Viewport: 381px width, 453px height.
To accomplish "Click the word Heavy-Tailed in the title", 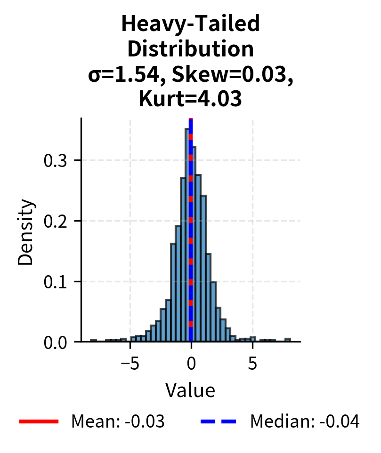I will pos(190,24).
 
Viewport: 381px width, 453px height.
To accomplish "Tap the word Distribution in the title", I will pos(190,49).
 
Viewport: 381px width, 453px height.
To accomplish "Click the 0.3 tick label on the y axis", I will pos(56,160).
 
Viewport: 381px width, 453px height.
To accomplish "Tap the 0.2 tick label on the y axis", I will pos(56,221).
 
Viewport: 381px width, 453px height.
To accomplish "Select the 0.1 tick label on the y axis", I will pos(56,282).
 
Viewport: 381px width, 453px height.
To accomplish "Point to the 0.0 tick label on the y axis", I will pos(56,342).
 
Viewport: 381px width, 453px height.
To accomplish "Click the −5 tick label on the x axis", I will pos(130,363).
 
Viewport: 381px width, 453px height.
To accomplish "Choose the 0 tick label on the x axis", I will pos(191,363).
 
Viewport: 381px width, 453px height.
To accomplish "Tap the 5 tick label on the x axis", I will pos(252,363).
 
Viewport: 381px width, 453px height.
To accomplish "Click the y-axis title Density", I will pos(26,231).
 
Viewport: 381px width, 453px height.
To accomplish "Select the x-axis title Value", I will pos(190,390).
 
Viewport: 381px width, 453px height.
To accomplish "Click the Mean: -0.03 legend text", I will pos(118,422).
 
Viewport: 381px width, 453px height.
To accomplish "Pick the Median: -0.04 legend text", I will pos(305,422).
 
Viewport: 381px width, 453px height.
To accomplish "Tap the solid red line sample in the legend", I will pos(39,422).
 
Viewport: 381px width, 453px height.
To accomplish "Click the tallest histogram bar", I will pos(186,235).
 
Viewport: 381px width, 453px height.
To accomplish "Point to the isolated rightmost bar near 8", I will pos(288,340).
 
